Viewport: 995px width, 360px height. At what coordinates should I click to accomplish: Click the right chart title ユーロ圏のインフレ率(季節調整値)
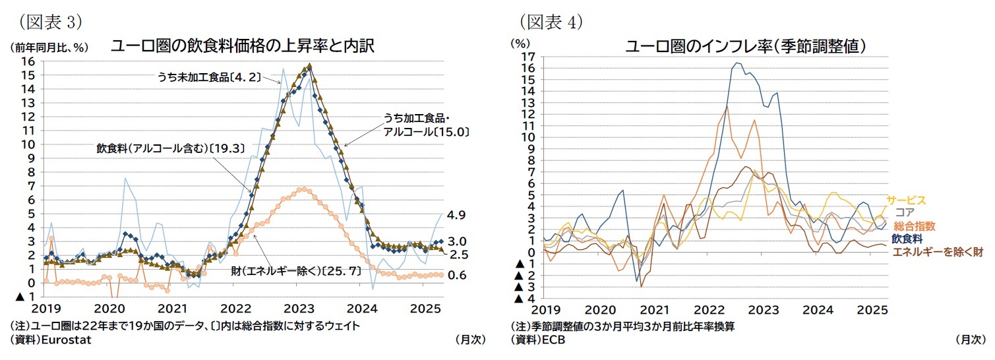pos(745,46)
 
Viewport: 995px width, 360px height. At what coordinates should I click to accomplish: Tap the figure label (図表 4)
pos(551,21)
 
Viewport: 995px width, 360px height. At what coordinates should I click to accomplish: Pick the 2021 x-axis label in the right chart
pos(655,310)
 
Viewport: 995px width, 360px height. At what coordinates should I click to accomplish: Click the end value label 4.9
pos(457,215)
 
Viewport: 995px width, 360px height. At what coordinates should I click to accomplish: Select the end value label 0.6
pos(457,276)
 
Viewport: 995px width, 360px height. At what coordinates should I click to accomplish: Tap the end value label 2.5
pos(457,255)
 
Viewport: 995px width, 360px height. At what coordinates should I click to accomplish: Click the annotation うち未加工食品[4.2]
pos(208,76)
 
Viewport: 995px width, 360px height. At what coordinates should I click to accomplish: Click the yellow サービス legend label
pos(906,200)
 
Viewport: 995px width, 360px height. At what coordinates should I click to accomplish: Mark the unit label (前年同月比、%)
pos(48,47)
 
